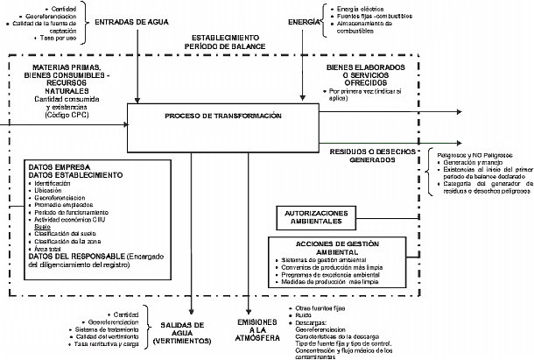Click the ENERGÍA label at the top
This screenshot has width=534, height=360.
304,18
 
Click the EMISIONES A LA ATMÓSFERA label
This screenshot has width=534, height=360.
255,333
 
